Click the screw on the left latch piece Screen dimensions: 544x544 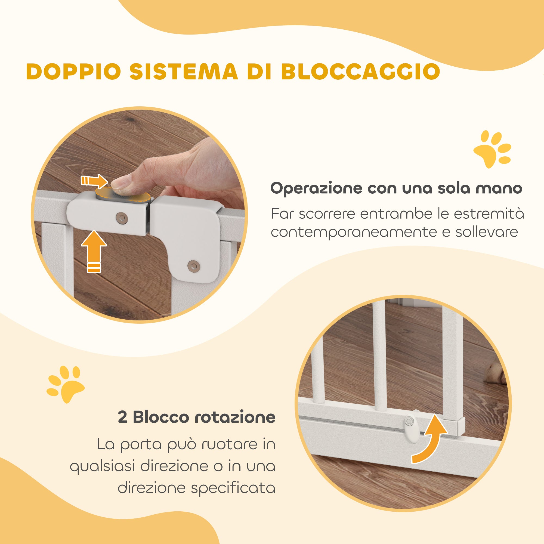[122, 217]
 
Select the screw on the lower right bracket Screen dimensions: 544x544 [193, 265]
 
